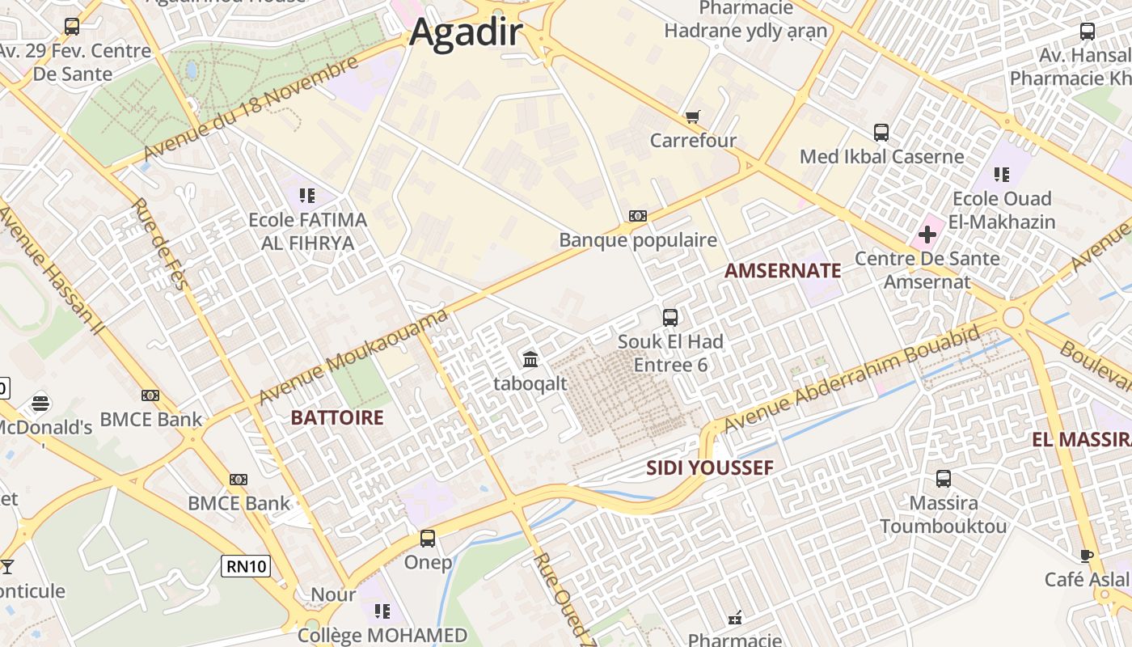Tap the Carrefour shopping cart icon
[692, 117]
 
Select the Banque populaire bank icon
[638, 216]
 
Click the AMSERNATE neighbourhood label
[783, 271]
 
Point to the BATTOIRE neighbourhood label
[336, 418]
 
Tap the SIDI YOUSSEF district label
[710, 468]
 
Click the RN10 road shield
[246, 566]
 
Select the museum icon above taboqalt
[530, 359]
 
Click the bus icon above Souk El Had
[670, 318]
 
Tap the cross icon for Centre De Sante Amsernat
[927, 235]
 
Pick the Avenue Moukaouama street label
[353, 357]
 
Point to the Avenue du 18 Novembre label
[250, 109]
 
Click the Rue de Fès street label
[159, 243]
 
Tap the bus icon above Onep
[428, 538]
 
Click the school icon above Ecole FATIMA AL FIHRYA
[306, 195]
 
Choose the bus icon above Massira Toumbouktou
[943, 479]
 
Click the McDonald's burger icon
[40, 403]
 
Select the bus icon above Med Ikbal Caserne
[881, 132]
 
